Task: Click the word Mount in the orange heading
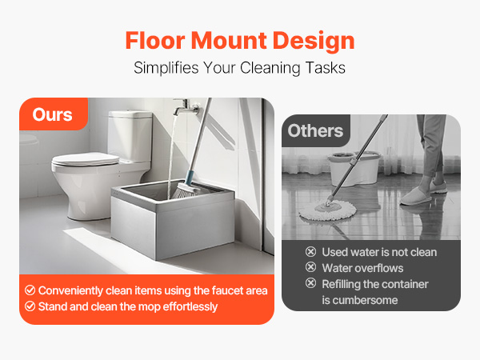pos(239,40)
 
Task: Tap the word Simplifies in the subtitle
pos(164,68)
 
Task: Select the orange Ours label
pos(52,114)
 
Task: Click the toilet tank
pos(130,133)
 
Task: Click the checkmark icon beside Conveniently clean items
pos(30,290)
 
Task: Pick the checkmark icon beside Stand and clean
pos(30,306)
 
